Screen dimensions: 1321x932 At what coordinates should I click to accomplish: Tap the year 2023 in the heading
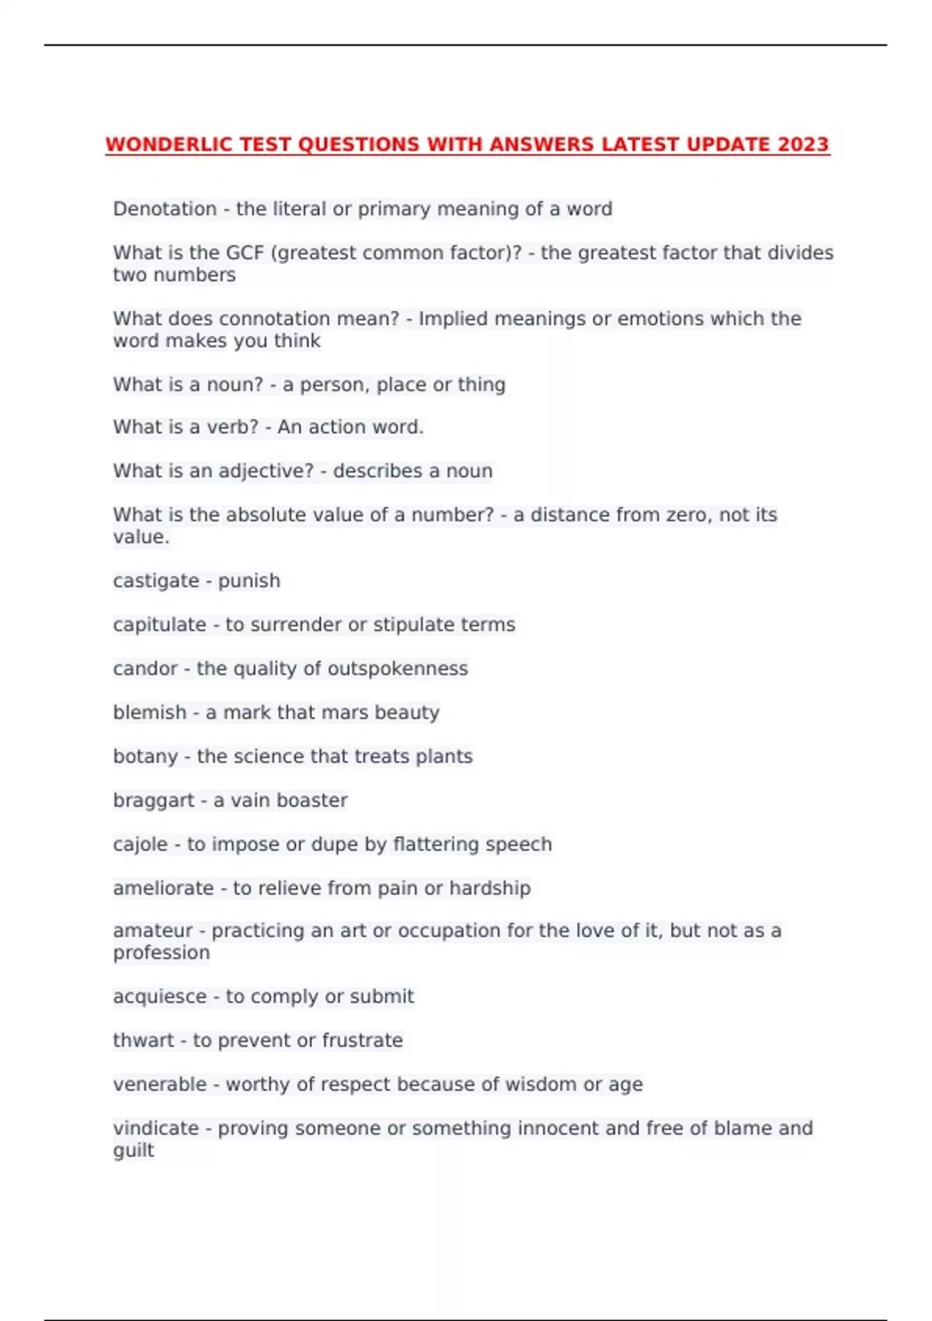(803, 145)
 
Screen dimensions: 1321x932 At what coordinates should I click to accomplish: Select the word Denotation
(165, 209)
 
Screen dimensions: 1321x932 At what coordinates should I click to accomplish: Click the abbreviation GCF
(245, 253)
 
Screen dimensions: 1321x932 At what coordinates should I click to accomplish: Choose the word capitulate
(159, 625)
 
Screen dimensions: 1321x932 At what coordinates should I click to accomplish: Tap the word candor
(145, 669)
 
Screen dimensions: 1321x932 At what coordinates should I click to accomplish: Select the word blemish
(150, 713)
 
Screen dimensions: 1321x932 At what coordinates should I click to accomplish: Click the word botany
(145, 757)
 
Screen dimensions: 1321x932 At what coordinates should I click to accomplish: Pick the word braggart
(154, 800)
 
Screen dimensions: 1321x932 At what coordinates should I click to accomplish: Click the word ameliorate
(163, 888)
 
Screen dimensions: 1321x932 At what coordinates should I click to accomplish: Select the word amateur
(152, 931)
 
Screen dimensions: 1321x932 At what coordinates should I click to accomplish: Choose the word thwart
(143, 1040)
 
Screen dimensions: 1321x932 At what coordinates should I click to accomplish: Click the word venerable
(159, 1085)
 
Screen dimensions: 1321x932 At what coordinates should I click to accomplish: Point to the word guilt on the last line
(134, 1151)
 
